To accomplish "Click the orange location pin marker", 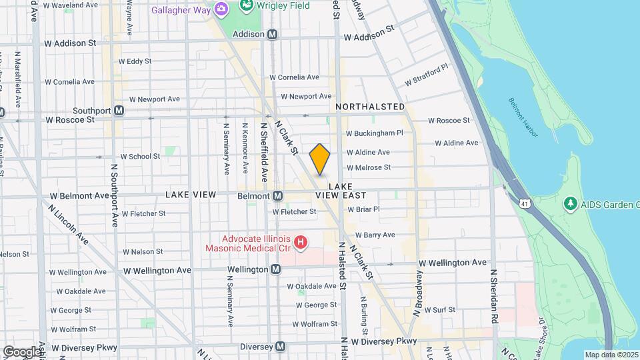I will coord(320,159).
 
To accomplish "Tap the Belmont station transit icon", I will coord(279,195).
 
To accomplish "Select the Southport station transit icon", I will coord(119,110).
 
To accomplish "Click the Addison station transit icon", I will coord(272,34).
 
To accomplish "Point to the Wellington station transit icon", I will coord(275,269).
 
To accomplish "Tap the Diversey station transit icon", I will coord(281,347).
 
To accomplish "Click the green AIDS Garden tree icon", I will coord(569,203).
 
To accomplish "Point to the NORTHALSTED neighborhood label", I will coord(370,107).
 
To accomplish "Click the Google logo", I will coord(22,351).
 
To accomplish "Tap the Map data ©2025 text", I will coord(611,355).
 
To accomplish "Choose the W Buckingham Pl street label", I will coord(374,133).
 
